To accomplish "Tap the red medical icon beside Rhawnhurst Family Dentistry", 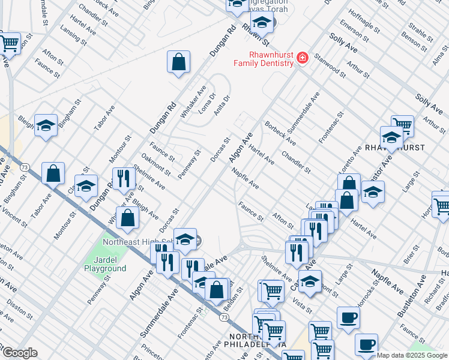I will coord(303,58).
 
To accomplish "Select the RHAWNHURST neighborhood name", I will coord(395,148).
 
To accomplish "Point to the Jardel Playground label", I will coord(105,264).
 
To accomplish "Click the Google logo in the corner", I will coord(20,353).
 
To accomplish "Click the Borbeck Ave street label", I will coord(281,134).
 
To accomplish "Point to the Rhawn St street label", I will coord(254,35).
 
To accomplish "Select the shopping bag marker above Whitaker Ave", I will coord(178,62).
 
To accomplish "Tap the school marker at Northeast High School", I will coord(185,239).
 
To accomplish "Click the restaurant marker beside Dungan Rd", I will coord(124,179).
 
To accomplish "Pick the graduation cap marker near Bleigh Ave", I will coord(46,126).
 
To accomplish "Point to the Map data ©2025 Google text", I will coord(412,355).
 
